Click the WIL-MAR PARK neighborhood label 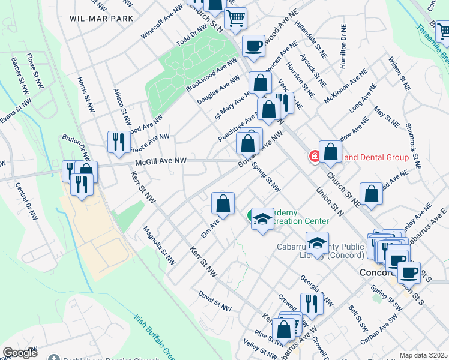(101, 19)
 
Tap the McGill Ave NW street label (161, 161)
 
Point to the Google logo (20, 353)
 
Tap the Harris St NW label (86, 95)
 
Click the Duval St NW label (215, 301)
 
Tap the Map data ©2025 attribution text (424, 355)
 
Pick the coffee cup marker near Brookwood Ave (253, 46)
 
